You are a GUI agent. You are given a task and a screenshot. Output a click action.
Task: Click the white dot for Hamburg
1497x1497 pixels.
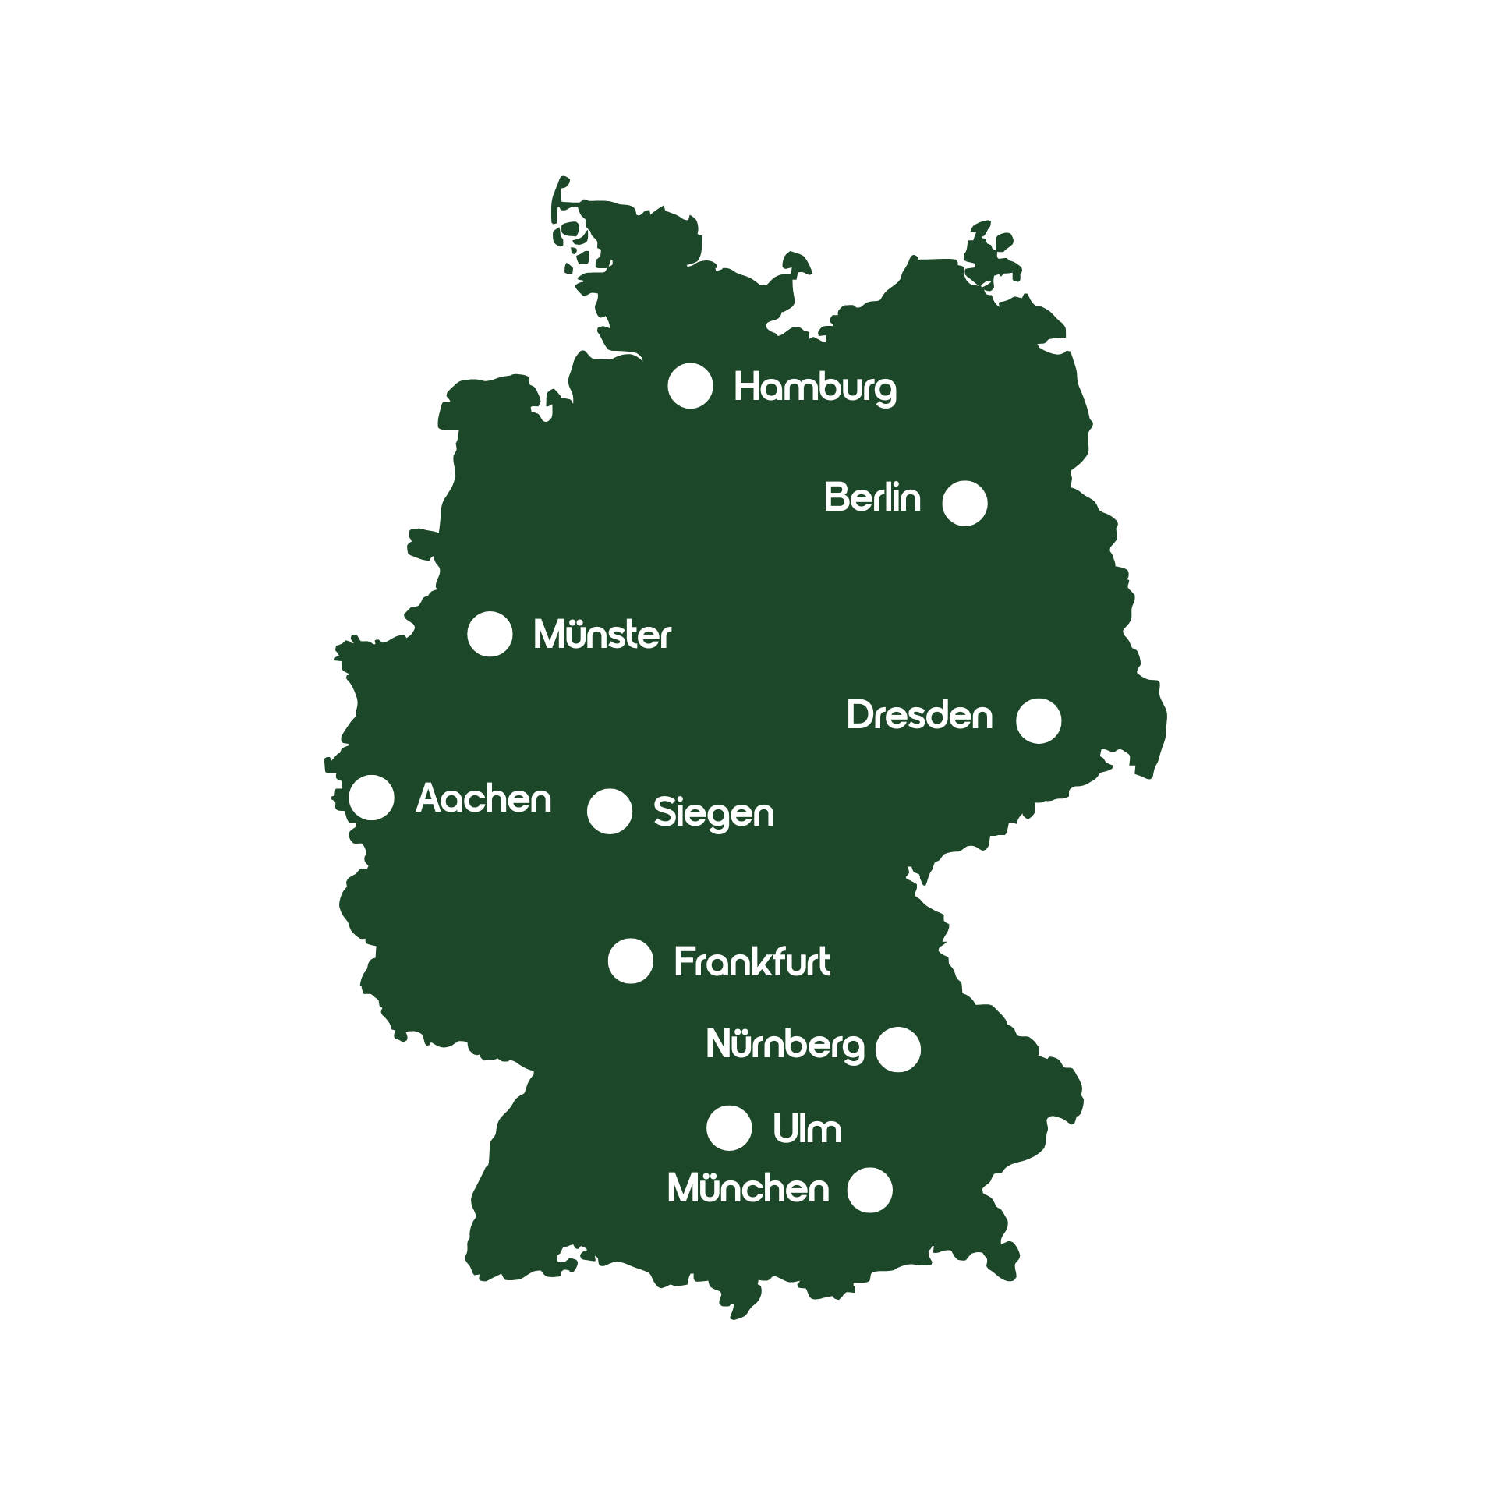pos(690,386)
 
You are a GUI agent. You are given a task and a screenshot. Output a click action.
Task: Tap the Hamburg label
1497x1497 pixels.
pos(815,388)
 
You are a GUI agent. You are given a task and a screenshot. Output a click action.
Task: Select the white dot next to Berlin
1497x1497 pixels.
pos(964,503)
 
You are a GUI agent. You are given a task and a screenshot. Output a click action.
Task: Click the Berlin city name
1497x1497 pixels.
pos(872,497)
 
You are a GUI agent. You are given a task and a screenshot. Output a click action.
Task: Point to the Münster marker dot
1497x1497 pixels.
pos(490,634)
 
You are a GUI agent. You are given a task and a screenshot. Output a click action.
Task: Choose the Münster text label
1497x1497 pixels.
pos(602,635)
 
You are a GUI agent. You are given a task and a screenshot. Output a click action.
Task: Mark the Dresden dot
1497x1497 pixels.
pos(1039,720)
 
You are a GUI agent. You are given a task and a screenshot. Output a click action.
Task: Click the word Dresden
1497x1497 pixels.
pos(919,716)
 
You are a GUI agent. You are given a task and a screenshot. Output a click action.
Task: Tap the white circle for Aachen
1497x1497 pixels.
pos(371,798)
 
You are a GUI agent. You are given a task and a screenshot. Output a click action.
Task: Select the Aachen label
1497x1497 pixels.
pos(483,799)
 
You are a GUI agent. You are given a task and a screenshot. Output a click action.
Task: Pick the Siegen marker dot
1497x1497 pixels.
pos(609,811)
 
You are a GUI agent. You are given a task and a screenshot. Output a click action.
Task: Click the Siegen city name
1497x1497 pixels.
pos(713,813)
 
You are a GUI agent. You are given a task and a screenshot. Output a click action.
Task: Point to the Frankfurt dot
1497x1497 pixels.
pos(630,961)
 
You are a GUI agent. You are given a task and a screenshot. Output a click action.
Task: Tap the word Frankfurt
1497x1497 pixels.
pos(752,962)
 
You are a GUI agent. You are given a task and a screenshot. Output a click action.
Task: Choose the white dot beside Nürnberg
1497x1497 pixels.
pos(897,1049)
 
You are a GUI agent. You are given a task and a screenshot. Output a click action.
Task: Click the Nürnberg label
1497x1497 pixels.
pos(784,1045)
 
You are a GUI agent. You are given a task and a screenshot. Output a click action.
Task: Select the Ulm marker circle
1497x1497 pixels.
pos(728,1127)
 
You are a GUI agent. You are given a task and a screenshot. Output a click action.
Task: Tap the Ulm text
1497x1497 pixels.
pos(806,1129)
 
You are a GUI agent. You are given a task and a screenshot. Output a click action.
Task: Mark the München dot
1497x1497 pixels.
pos(869,1190)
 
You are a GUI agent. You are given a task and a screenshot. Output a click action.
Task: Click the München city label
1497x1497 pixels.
pos(748,1189)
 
